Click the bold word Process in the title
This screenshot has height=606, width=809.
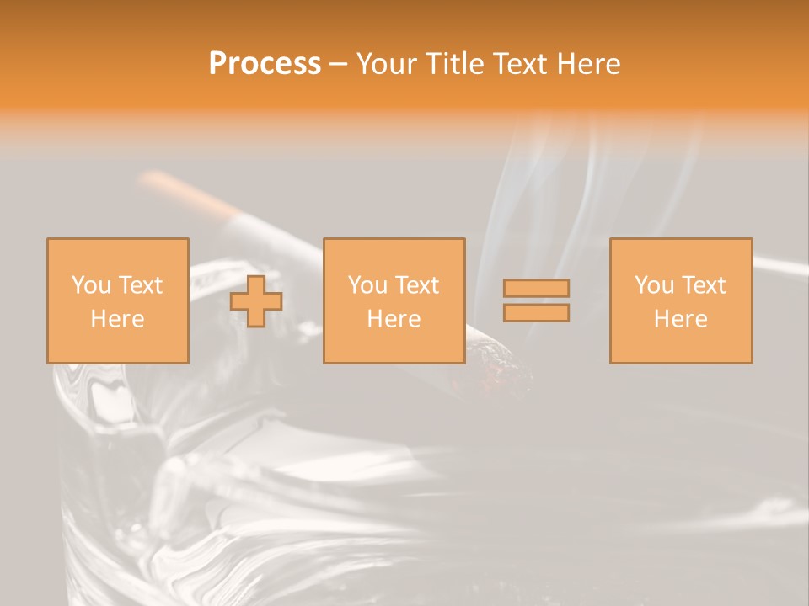pyautogui.click(x=265, y=64)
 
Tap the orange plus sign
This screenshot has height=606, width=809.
pyautogui.click(x=256, y=301)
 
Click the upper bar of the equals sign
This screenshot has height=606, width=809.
pyautogui.click(x=536, y=288)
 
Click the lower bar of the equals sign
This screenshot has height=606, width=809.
pyautogui.click(x=536, y=313)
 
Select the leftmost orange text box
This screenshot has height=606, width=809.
pyautogui.click(x=118, y=300)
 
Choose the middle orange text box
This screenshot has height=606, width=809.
pyautogui.click(x=394, y=300)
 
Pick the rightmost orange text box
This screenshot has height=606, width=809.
pyautogui.click(x=681, y=300)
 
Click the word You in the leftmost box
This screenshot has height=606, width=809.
pyautogui.click(x=90, y=285)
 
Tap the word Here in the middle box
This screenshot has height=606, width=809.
pyautogui.click(x=394, y=319)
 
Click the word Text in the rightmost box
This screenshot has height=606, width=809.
pyautogui.click(x=704, y=285)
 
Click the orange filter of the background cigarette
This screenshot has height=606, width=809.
pyautogui.click(x=185, y=192)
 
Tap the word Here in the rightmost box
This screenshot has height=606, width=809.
pyautogui.click(x=681, y=319)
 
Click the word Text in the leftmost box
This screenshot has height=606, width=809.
pyautogui.click(x=141, y=285)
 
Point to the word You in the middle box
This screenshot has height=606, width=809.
pyautogui.click(x=367, y=285)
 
